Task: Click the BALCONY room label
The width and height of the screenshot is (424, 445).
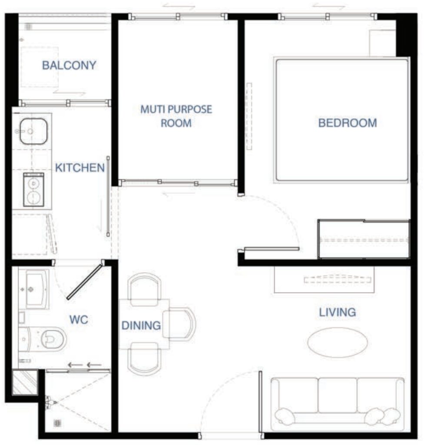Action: (x=69, y=65)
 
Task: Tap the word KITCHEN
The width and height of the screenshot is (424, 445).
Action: (x=80, y=168)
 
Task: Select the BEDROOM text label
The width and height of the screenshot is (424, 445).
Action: (x=348, y=123)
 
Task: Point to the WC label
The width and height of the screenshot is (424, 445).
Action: (x=79, y=319)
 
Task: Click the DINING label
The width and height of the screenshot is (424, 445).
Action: (x=141, y=325)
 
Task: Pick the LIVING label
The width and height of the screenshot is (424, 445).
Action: (x=338, y=312)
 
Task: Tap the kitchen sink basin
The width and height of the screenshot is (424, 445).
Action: (x=33, y=131)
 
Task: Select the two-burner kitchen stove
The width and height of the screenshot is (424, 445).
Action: (x=33, y=189)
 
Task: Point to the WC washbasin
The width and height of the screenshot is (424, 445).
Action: (x=37, y=289)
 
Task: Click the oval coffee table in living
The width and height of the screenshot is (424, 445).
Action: (x=338, y=342)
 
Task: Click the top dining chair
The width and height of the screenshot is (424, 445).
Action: (x=145, y=289)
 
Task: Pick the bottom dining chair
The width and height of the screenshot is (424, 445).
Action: (x=144, y=359)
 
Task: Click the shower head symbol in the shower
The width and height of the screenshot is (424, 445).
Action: (x=50, y=402)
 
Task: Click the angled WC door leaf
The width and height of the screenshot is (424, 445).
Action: (x=85, y=282)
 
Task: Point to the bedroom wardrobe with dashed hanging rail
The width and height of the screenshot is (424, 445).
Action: (x=364, y=239)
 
